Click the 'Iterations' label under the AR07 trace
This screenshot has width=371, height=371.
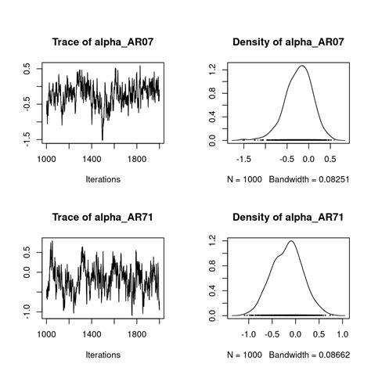103,179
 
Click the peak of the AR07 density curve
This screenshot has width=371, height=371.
301,66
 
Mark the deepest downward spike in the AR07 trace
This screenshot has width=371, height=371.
103,140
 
